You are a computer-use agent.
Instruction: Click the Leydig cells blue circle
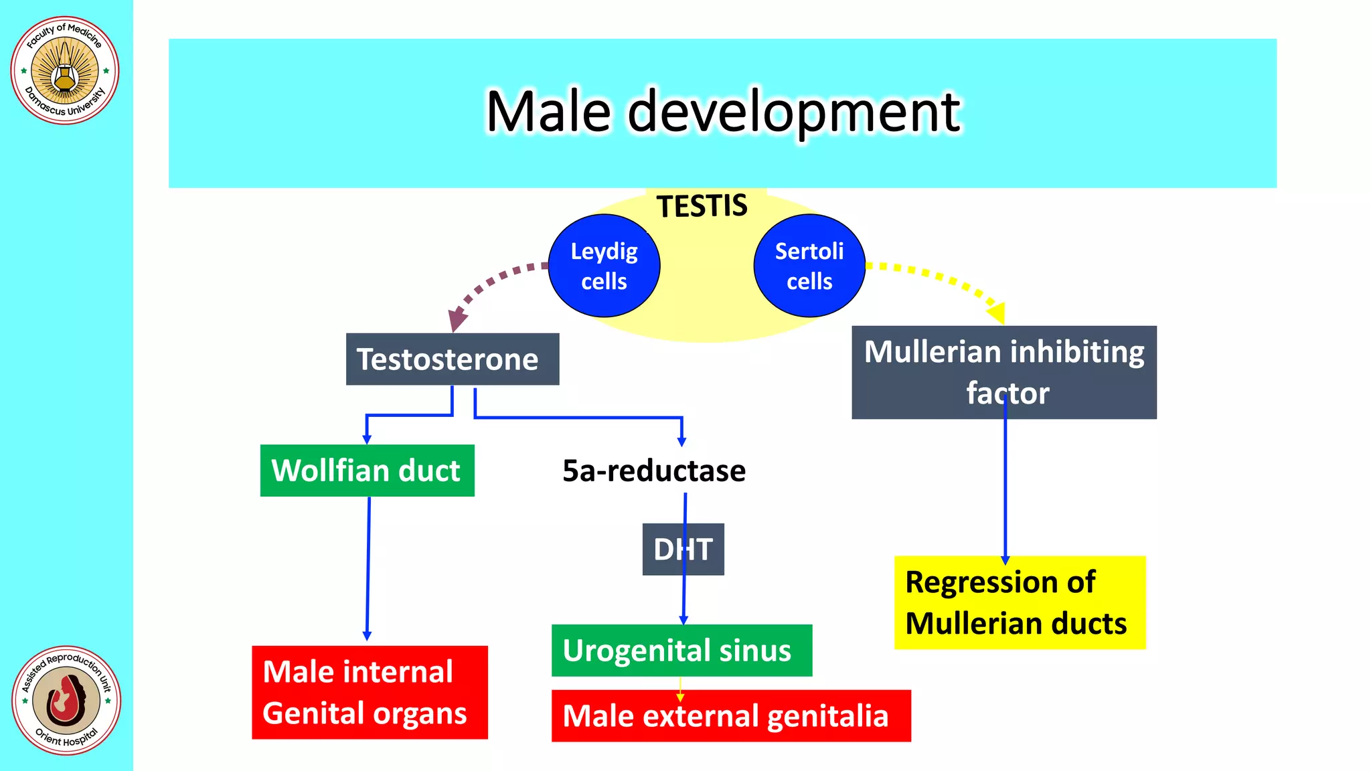pos(604,266)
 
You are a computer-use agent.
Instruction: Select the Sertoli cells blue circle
pos(809,266)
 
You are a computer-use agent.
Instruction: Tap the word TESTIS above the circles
pos(702,205)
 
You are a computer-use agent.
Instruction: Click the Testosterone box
pos(452,359)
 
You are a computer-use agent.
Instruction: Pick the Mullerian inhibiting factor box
pos(1003,372)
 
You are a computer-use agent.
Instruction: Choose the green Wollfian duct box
pos(367,470)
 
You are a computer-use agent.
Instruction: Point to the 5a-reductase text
pos(653,470)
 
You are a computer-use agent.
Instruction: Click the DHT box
pos(683,549)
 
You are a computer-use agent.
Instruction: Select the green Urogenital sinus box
pos(681,651)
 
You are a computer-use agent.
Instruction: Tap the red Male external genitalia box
pos(730,715)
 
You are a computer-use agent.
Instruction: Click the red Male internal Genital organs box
pos(370,692)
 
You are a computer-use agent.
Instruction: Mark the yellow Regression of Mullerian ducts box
pos(1020,602)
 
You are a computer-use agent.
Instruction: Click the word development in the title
pos(793,112)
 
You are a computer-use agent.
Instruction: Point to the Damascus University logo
pos(65,70)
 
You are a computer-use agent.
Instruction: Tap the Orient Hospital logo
pos(66,700)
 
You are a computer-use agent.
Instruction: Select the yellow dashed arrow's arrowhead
pos(997,312)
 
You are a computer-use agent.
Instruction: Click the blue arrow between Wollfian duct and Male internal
pos(368,569)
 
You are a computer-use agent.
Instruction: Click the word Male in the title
pos(548,112)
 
